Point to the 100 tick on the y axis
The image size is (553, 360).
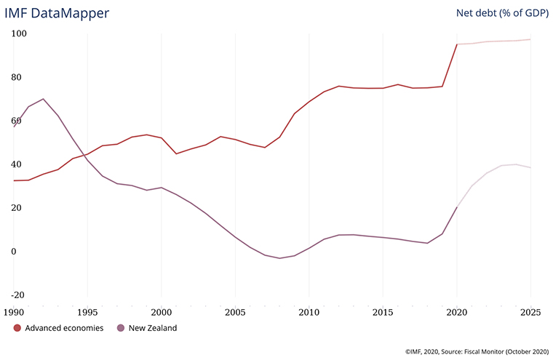pos(19,33)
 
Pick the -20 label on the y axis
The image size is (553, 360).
pos(17,295)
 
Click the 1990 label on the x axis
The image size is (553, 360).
pos(13,313)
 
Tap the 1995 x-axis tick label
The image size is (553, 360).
pos(87,313)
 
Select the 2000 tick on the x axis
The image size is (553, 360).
pos(161,313)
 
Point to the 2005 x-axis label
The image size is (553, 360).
pos(235,313)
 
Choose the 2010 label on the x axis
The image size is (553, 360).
pos(309,313)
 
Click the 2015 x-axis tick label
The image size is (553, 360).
pos(383,313)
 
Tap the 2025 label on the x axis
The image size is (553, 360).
pos(530,313)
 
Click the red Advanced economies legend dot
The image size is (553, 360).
pos(17,328)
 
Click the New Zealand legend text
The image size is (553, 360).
pos(153,328)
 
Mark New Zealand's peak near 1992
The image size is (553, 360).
pos(44,99)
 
